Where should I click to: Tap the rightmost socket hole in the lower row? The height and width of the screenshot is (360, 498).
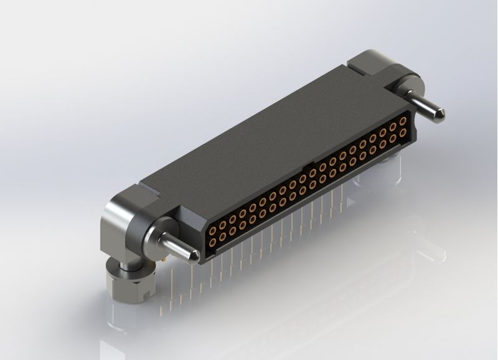[403, 132]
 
